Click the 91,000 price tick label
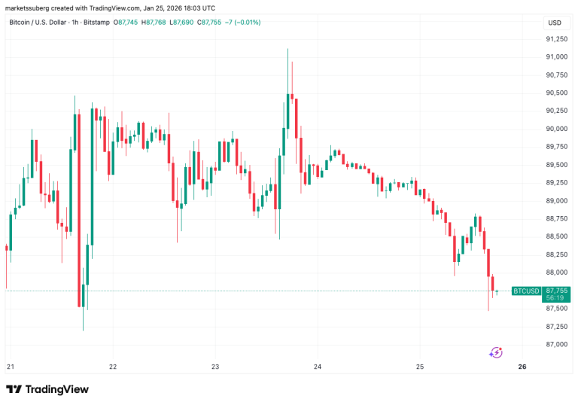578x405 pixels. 557,57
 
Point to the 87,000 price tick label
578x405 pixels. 557,344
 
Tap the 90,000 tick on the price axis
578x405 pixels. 557,129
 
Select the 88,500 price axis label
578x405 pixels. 557,236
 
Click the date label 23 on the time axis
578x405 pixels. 214,367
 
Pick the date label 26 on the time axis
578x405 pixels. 522,367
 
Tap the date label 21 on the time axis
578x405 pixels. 10,367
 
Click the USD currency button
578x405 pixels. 555,23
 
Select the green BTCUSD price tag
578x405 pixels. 525,291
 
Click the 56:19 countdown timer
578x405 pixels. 557,297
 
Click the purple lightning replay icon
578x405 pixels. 496,352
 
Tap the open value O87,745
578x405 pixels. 128,23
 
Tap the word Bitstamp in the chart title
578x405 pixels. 96,23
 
